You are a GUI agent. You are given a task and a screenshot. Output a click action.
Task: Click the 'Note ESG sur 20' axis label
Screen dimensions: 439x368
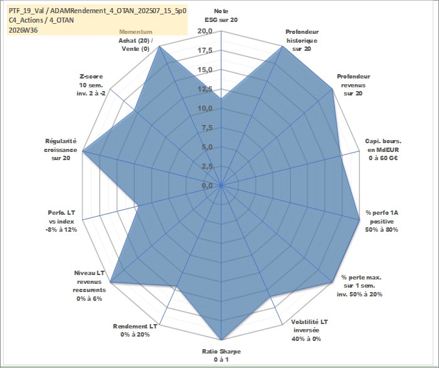(x=221, y=16)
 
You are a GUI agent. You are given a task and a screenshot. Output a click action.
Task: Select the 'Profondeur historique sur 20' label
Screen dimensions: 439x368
(x=302, y=40)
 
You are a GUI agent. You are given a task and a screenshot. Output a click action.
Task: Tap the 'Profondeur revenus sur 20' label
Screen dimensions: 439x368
(x=353, y=85)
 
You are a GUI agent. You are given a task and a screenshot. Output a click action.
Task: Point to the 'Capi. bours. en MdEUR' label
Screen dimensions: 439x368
(x=383, y=146)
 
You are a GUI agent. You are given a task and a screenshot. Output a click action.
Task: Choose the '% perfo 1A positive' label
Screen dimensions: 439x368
(x=381, y=217)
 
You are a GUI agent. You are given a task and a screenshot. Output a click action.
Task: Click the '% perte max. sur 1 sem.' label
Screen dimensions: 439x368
(x=361, y=282)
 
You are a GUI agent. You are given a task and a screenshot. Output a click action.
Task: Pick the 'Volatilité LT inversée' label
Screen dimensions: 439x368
(x=309, y=326)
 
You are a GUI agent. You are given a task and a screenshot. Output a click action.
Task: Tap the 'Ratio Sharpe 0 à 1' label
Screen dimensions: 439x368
(x=221, y=355)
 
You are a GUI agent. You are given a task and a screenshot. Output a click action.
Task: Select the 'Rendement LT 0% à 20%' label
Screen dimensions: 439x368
(x=135, y=330)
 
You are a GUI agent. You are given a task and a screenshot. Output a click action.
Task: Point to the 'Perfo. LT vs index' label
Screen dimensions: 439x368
(x=61, y=217)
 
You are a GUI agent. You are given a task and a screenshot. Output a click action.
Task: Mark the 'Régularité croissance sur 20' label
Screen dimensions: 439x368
(x=60, y=149)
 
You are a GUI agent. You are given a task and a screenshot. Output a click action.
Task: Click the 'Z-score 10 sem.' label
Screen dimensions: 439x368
(x=91, y=80)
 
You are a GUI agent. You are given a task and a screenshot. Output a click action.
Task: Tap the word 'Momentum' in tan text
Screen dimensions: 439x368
(x=136, y=31)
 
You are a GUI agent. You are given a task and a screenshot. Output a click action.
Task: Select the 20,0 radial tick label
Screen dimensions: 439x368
(x=205, y=31)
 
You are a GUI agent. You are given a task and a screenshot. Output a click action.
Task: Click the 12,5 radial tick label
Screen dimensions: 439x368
(x=205, y=89)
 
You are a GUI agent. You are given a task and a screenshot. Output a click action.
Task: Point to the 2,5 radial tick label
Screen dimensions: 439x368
(x=207, y=166)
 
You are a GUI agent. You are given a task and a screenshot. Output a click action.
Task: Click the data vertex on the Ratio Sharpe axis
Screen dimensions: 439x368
(x=221, y=340)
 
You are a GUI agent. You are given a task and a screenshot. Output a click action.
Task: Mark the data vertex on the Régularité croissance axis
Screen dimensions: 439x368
(x=83, y=151)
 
